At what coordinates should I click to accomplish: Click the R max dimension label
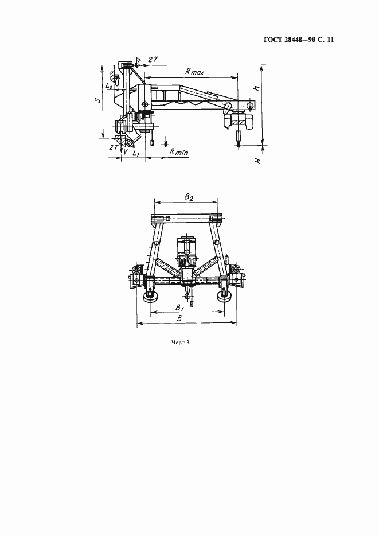(x=194, y=72)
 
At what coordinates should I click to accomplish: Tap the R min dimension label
(x=179, y=152)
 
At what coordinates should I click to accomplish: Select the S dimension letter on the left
(x=97, y=100)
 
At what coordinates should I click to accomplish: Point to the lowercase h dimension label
(x=257, y=87)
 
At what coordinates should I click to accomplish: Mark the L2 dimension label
(x=110, y=86)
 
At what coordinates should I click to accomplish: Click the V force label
(x=126, y=151)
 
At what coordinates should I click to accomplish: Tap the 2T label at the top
(x=153, y=59)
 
